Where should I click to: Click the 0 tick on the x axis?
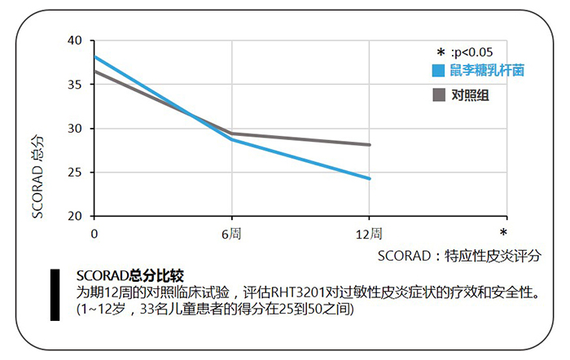click(x=94, y=234)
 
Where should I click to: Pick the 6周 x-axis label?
click(x=232, y=234)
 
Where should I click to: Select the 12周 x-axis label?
click(x=369, y=234)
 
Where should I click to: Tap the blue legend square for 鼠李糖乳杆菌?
click(x=438, y=71)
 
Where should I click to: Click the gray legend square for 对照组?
click(x=438, y=95)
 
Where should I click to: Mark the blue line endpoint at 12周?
click(x=370, y=178)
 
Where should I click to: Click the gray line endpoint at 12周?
click(x=370, y=145)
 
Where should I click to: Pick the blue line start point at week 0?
click(x=95, y=57)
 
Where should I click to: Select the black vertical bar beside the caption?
click(x=55, y=294)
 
